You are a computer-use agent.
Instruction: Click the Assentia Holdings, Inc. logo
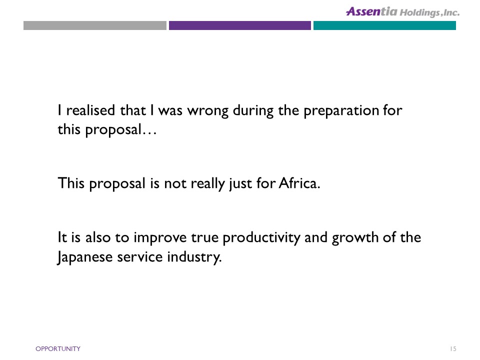click(x=402, y=11)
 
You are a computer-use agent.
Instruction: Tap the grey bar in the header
click(x=95, y=25)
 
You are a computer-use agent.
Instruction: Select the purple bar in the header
click(x=239, y=25)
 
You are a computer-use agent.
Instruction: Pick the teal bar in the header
click(x=384, y=25)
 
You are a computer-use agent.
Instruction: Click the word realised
click(x=90, y=110)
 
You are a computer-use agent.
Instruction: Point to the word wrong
click(x=208, y=111)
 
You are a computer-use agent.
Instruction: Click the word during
click(x=253, y=111)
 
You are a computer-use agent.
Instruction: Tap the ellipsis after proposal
click(x=149, y=133)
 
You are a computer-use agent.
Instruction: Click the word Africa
click(x=299, y=183)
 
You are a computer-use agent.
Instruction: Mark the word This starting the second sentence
click(x=71, y=183)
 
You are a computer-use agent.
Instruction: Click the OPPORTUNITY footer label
click(x=58, y=348)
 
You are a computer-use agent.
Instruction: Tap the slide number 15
click(x=453, y=348)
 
